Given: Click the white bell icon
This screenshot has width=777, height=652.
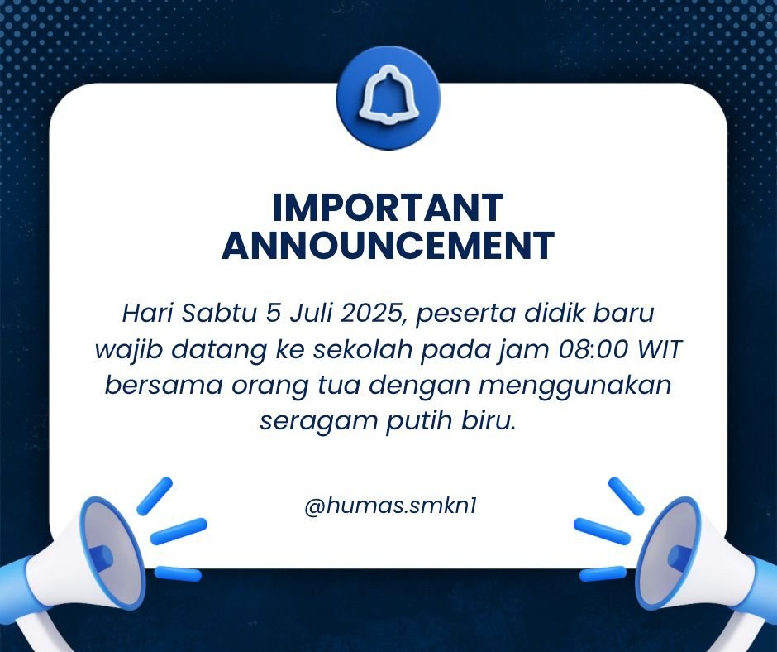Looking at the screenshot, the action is point(388,98).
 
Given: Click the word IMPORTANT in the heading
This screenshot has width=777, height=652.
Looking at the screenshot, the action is point(388,208).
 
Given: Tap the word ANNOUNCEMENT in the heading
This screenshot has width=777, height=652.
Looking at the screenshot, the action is point(388,245).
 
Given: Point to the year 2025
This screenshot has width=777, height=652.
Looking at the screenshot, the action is point(374,314).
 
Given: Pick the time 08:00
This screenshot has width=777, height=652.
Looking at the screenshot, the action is point(594,350).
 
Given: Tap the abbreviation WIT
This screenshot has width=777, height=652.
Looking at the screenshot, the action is point(660,350).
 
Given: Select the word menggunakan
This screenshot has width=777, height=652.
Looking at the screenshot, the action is point(575,386).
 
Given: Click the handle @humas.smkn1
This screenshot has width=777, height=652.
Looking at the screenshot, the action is point(390,506).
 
